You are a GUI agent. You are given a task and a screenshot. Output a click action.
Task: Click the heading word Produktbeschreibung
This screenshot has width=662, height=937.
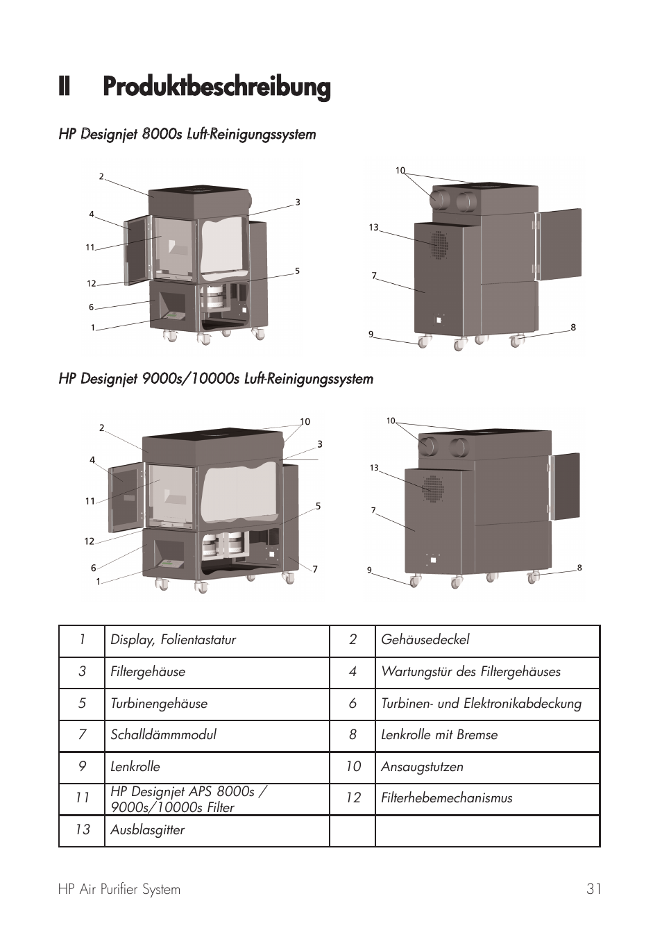coord(217,87)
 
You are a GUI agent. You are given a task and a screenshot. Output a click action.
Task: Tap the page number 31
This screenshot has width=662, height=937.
coord(593,889)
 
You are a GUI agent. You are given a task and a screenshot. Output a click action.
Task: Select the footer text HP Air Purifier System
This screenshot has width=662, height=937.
coord(119,889)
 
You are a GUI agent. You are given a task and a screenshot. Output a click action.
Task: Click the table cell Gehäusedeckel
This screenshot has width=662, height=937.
coord(425,640)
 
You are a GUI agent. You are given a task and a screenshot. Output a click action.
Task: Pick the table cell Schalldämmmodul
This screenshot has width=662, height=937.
coord(163,735)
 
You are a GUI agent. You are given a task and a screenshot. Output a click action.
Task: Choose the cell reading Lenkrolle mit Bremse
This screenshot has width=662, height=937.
coord(439,735)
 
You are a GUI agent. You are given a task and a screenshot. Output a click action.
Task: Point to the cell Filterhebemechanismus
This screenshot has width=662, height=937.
coord(446,798)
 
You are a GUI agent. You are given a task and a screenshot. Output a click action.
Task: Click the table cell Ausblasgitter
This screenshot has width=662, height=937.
coord(147,830)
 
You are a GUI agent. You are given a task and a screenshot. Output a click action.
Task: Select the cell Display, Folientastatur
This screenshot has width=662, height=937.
coord(173,640)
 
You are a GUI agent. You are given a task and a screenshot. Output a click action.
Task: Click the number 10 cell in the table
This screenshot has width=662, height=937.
coord(353,766)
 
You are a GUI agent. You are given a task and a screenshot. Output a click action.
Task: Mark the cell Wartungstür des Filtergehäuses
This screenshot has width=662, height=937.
coord(470,672)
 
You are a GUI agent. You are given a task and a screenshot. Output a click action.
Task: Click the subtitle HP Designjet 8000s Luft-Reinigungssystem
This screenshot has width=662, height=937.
coord(187,134)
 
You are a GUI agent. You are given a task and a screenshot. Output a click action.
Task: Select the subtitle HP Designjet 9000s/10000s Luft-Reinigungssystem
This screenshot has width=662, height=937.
coord(216,379)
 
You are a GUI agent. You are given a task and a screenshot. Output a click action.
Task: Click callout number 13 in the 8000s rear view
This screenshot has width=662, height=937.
coord(373,228)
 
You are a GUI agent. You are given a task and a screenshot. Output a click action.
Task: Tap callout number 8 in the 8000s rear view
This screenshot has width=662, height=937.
coord(573,328)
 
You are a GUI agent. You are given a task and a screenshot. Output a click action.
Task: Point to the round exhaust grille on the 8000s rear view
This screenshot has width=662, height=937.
coord(439,244)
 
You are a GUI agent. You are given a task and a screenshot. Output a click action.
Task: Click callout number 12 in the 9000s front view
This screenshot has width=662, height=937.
coord(90,541)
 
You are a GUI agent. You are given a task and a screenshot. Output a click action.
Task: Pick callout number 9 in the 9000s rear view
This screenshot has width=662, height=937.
coord(369,571)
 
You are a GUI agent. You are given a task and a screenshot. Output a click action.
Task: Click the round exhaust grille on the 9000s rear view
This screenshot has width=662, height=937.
coord(434,489)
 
